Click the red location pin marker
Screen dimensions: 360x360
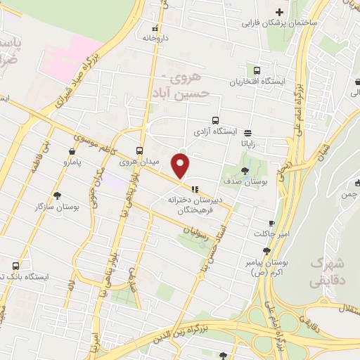[x=181, y=166]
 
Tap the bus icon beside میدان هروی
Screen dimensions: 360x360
[x=139, y=150]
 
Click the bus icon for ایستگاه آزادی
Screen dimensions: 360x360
[x=215, y=120]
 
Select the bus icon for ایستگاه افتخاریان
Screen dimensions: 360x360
[x=257, y=70]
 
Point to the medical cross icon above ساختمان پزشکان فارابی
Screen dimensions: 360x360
[x=280, y=12]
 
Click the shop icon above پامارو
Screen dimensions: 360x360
[x=72, y=151]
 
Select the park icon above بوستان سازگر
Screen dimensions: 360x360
[x=57, y=195]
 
